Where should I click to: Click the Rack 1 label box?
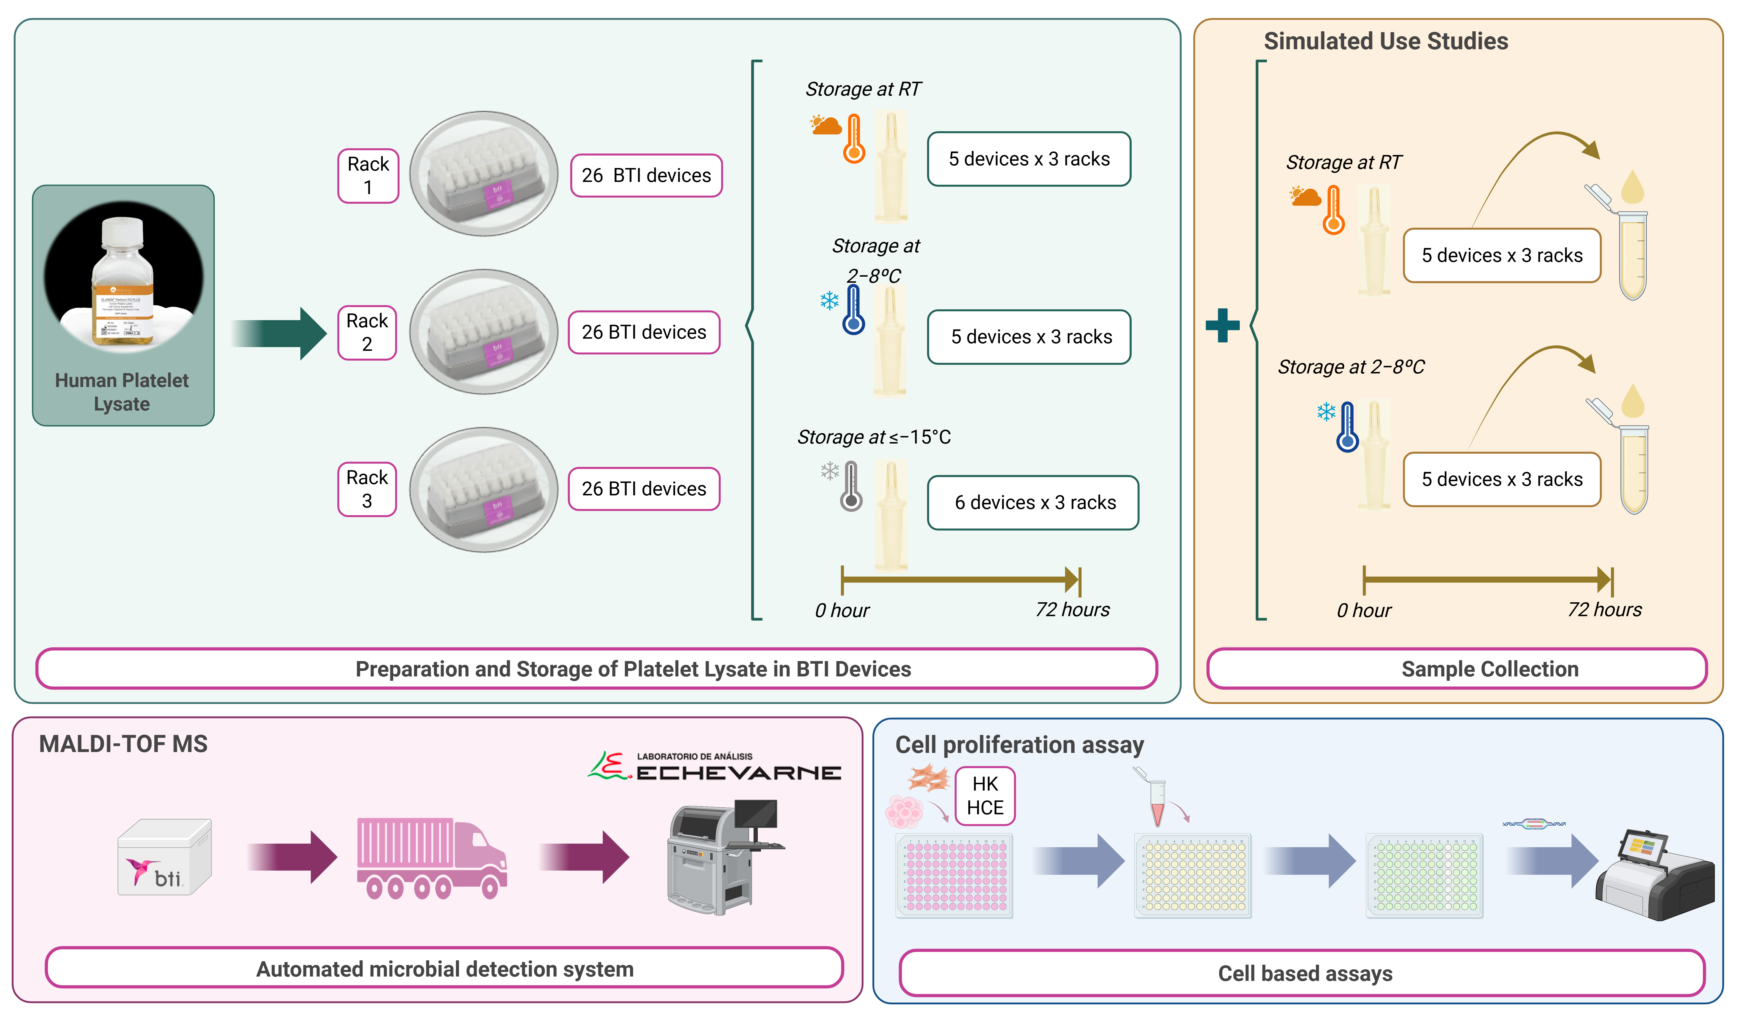(368, 176)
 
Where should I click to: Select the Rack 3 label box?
(367, 489)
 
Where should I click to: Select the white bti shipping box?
(164, 857)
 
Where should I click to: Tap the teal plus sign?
(1222, 326)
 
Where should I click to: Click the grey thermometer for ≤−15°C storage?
(851, 486)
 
